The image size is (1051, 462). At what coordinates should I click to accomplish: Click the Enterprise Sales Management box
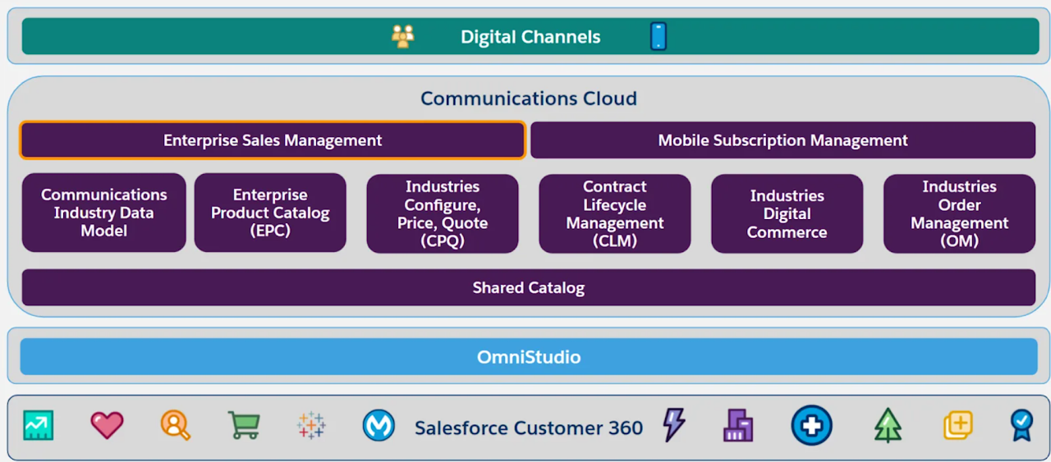(x=273, y=140)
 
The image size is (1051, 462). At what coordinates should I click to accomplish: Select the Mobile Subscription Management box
(x=783, y=140)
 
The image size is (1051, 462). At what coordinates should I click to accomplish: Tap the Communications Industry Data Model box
(x=104, y=213)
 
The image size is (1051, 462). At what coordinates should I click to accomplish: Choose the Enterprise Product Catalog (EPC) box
(x=270, y=213)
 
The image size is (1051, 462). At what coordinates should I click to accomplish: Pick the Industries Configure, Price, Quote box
(x=443, y=213)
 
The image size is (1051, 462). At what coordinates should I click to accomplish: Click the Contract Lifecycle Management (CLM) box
(x=615, y=213)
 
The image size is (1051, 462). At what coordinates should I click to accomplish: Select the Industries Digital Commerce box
(x=787, y=213)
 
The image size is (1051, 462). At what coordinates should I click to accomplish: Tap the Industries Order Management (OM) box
(x=959, y=213)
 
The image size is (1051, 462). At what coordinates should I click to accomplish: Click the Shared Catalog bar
(x=528, y=288)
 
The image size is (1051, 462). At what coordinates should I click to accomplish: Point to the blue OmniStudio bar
(x=528, y=357)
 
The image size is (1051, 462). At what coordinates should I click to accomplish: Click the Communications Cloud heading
(x=528, y=98)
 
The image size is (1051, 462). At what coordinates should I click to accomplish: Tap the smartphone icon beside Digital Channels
(x=659, y=37)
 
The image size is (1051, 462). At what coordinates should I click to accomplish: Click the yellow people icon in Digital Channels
(x=403, y=36)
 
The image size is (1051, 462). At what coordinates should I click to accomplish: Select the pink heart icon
(x=107, y=425)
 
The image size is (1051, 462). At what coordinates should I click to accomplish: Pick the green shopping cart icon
(x=244, y=425)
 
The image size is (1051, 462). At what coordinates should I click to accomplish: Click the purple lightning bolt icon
(x=673, y=425)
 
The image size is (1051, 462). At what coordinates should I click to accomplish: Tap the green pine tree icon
(x=888, y=426)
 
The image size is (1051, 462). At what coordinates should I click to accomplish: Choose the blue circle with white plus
(x=811, y=426)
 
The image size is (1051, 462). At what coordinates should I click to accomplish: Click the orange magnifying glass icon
(x=176, y=425)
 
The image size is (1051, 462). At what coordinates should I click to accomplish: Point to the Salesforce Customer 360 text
(x=528, y=428)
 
